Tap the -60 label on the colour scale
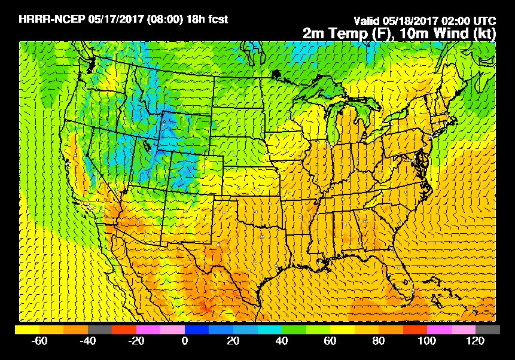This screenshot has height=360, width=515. (x=39, y=341)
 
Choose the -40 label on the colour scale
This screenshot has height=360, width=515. (x=87, y=341)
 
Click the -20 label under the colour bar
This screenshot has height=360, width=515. (x=136, y=341)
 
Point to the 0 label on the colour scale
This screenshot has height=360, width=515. (x=185, y=341)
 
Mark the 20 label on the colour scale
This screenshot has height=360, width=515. (x=233, y=341)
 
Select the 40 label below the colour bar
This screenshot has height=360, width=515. (x=282, y=341)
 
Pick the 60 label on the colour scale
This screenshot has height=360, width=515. (x=330, y=341)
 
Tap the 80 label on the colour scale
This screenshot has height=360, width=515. (x=379, y=341)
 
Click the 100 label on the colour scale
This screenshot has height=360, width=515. (x=427, y=341)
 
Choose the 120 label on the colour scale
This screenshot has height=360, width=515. (x=476, y=341)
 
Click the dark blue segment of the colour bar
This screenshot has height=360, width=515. (x=197, y=330)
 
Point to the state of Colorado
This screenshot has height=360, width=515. (x=197, y=175)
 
